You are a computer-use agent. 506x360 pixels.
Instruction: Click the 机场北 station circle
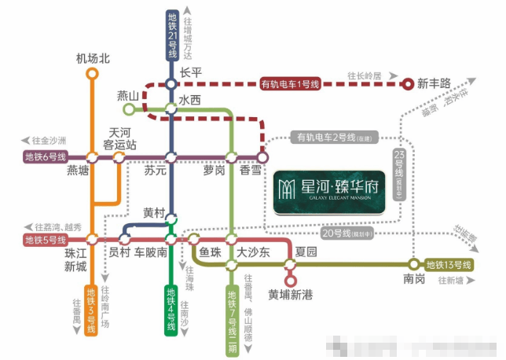[92, 73]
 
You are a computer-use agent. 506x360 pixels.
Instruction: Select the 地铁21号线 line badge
[172, 36]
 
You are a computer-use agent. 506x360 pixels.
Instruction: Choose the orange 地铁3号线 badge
[90, 311]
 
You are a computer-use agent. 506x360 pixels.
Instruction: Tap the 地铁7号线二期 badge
[231, 317]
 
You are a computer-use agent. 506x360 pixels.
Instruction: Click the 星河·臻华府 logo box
[329, 192]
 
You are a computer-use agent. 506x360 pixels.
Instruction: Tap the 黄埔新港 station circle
[290, 279]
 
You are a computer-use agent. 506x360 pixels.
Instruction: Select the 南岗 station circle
[414, 264]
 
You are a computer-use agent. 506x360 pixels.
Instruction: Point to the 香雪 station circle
[262, 157]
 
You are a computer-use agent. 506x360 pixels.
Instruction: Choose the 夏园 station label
[306, 252]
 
